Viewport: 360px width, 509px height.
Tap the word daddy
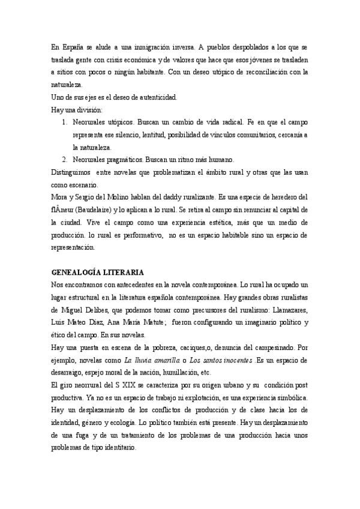pos(170,197)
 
